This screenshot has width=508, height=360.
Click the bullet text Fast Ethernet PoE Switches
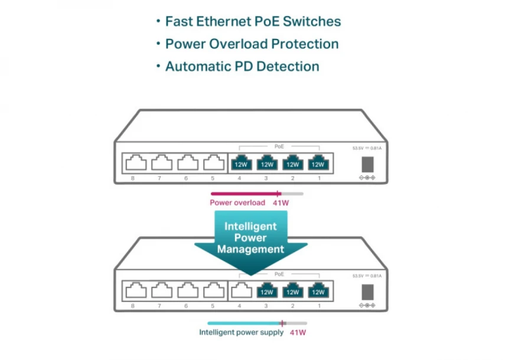253,22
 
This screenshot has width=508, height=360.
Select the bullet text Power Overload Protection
252,44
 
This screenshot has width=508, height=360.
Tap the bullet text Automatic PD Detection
242,66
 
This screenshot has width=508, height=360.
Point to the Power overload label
237,203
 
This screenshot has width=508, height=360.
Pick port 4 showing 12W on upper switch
240,163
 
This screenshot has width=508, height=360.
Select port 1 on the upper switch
318,163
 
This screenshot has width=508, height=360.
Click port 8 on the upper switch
133,163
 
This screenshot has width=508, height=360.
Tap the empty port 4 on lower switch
240,290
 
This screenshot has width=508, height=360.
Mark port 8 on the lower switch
133,290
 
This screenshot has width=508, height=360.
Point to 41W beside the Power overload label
281,203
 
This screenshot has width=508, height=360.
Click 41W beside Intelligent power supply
298,332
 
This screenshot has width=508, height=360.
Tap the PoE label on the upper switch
279,145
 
